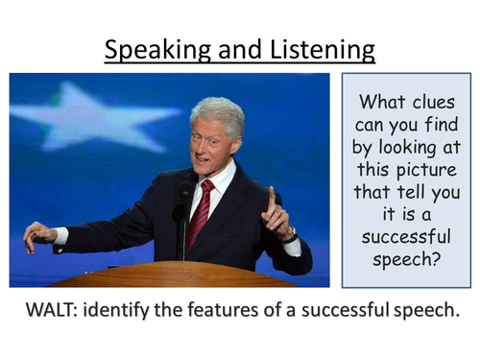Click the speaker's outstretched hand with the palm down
click(39, 233)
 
